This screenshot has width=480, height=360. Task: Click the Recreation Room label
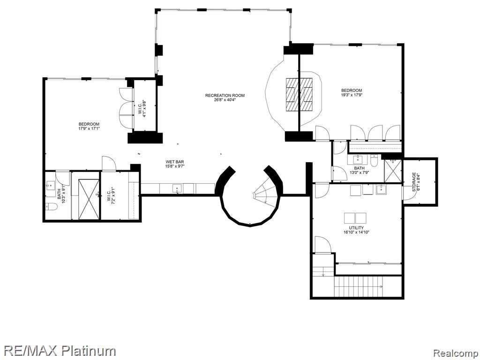225,96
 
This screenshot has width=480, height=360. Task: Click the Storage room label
414,181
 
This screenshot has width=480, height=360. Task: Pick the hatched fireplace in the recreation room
300,94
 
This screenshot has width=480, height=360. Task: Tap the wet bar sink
178,189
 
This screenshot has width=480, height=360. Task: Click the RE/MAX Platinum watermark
58,350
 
